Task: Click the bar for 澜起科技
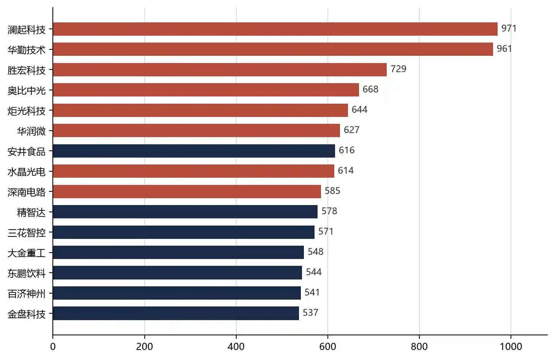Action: point(275,29)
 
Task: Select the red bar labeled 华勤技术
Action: point(273,49)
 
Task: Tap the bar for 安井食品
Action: point(194,151)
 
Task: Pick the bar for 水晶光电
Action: point(193,171)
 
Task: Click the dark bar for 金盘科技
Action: point(176,313)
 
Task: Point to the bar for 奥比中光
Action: point(206,90)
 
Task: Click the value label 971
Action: point(509,28)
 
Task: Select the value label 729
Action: point(398,69)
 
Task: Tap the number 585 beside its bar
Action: point(332,191)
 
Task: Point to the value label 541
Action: point(312,293)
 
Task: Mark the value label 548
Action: point(316,252)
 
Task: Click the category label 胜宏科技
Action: point(27,70)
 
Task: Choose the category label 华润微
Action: point(31,131)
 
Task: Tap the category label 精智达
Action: point(31,213)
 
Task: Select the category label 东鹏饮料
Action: point(27,273)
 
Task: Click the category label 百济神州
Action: point(27,294)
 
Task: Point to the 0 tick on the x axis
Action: point(53,347)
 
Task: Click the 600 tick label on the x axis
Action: point(327,347)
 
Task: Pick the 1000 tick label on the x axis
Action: point(511,347)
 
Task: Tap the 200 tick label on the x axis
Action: point(144,347)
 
